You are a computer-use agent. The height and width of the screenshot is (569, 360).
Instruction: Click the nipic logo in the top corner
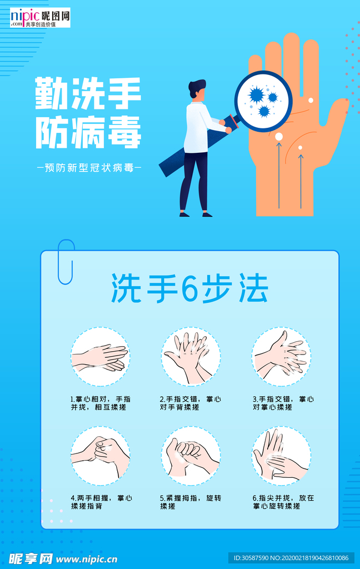coord(40,17)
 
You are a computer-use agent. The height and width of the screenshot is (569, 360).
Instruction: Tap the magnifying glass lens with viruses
coord(263,101)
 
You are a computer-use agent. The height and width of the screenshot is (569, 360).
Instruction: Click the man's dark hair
coord(196,88)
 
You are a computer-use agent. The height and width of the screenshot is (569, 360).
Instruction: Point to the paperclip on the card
coord(66,262)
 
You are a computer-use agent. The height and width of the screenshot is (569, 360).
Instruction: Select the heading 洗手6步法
coord(189,288)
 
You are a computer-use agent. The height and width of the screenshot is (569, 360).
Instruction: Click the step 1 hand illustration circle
coord(100,356)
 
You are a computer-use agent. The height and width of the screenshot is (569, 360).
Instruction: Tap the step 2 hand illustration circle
coord(191,356)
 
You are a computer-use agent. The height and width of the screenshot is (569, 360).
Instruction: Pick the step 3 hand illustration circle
coord(281,356)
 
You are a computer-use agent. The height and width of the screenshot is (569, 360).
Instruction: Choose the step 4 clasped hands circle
coord(100,456)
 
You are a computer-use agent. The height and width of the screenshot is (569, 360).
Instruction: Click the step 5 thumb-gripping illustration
coord(191,456)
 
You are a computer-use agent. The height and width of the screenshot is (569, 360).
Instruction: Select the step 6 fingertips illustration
coord(281,456)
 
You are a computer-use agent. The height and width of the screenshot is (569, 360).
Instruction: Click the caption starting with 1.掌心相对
coord(101,403)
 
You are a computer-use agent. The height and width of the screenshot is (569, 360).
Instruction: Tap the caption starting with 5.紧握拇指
coord(191,502)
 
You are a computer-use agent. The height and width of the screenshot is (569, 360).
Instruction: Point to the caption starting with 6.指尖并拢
coord(283,502)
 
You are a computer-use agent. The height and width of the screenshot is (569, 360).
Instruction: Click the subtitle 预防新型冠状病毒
coord(89,168)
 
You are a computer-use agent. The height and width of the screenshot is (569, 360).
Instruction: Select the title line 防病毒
coord(88,132)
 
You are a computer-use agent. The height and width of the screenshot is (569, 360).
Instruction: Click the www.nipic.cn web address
coord(87,559)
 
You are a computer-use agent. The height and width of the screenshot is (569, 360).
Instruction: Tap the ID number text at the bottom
coord(291,558)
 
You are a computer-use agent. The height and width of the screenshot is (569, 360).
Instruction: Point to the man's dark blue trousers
coord(194,182)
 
